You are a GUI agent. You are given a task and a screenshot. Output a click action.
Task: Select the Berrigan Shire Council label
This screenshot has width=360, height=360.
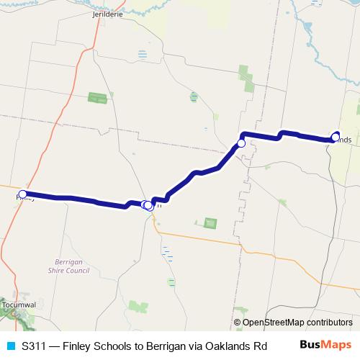coord(72,266)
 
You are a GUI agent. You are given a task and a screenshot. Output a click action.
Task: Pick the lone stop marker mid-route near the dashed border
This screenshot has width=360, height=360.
coord(241,144)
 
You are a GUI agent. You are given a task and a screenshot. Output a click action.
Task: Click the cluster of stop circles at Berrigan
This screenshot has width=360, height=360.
coord(147,205)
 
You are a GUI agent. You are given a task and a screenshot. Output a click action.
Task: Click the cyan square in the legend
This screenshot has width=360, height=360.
coord(9,346)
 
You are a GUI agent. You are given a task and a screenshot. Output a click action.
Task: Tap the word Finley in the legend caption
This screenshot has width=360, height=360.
coord(80,346)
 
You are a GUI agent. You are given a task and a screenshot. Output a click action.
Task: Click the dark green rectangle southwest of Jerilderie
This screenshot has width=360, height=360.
coord(96,97)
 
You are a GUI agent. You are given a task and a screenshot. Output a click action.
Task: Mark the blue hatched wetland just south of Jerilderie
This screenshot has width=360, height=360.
coord(142,54)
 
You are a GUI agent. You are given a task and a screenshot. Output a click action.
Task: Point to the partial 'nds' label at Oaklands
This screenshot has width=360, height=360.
coord(344,139)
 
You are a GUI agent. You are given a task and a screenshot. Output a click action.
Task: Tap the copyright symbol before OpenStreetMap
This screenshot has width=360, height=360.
coord(237,323)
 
